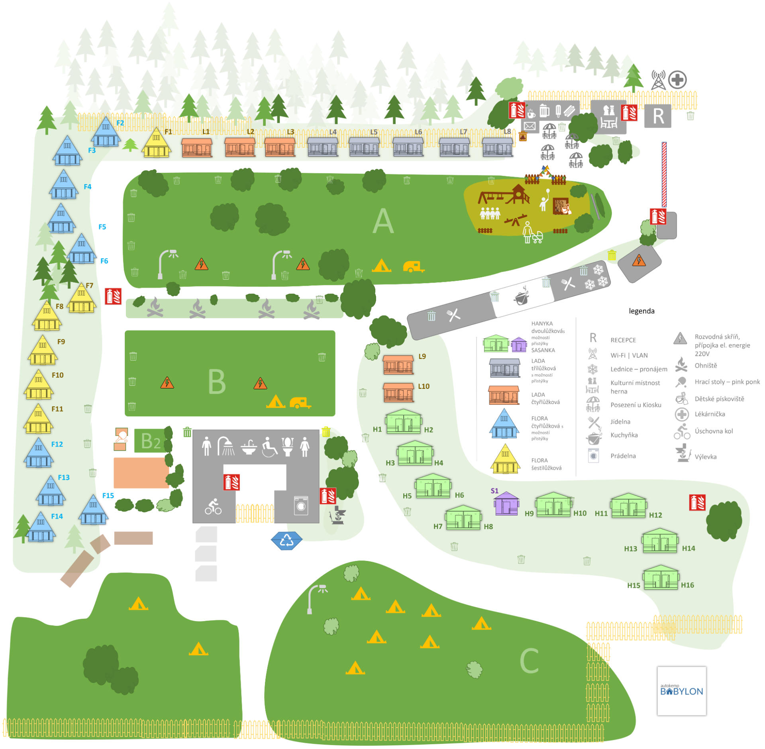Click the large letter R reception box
click(657, 116)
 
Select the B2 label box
click(151, 441)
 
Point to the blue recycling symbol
click(286, 541)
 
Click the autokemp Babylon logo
click(681, 691)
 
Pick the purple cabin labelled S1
click(506, 504)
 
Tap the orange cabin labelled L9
click(398, 364)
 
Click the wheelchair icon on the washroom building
click(269, 447)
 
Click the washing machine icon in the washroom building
click(301, 506)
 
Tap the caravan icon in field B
click(300, 403)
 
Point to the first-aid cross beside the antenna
click(677, 80)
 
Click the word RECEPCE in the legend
click(623, 340)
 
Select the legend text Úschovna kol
click(714, 431)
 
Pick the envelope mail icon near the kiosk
click(530, 126)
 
